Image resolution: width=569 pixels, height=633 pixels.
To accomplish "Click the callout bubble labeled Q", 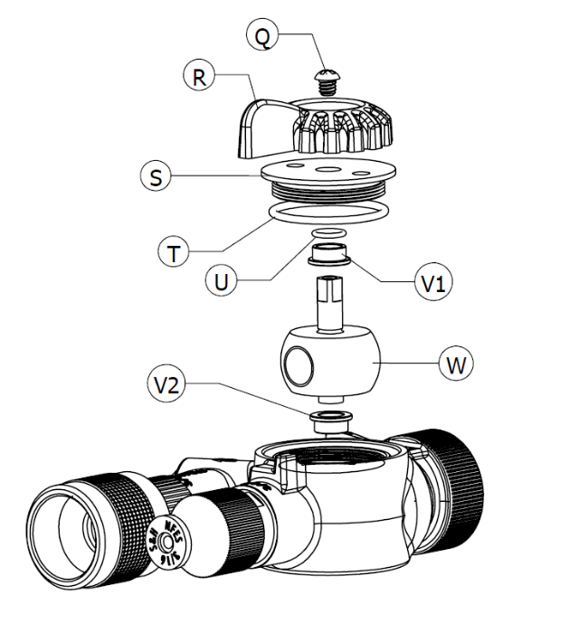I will [261, 36].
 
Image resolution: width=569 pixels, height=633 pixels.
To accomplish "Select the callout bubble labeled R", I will [200, 76].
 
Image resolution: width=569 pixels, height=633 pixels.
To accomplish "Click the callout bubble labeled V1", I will [432, 282].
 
